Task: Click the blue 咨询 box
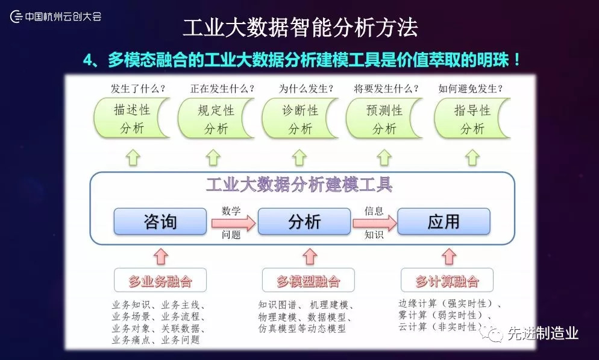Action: point(160,222)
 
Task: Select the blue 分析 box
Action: point(304,222)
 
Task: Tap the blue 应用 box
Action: point(444,222)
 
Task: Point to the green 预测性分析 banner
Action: point(384,119)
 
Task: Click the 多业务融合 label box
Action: point(160,281)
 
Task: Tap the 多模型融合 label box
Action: point(308,281)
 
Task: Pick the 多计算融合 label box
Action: point(447,281)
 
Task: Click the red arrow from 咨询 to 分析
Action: point(234,223)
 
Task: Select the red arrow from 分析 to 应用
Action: point(374,223)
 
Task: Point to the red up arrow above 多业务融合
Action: point(160,256)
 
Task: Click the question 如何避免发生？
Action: point(471,89)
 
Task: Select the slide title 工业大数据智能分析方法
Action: point(299,27)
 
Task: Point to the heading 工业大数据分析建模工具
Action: point(299,185)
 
